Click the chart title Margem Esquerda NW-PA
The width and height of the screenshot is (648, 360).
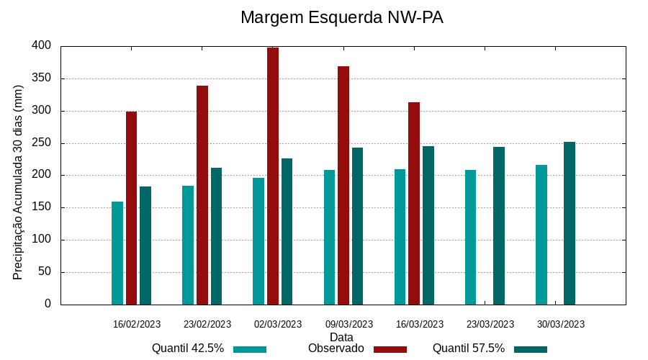(341, 17)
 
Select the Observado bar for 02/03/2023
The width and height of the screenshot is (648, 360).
(273, 176)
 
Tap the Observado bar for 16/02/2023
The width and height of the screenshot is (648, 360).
(131, 208)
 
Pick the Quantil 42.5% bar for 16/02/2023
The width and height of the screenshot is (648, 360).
(117, 253)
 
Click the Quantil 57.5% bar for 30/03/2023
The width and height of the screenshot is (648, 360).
(570, 223)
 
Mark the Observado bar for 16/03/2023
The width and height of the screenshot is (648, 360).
(414, 204)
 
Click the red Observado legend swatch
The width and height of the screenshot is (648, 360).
(390, 349)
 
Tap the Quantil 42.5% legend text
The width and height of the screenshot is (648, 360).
(188, 348)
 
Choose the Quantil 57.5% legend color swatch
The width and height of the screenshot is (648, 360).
(531, 349)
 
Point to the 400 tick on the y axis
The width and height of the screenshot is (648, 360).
(42, 45)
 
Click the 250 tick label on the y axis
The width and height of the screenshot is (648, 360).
(42, 143)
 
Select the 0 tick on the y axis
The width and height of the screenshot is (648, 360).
(48, 304)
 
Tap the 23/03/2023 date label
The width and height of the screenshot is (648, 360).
(490, 324)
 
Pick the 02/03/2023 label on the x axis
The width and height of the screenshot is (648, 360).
(278, 324)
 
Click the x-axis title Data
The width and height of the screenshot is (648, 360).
(341, 337)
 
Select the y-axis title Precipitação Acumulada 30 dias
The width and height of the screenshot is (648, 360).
(19, 181)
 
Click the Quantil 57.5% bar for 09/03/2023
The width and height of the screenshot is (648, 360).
(357, 226)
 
